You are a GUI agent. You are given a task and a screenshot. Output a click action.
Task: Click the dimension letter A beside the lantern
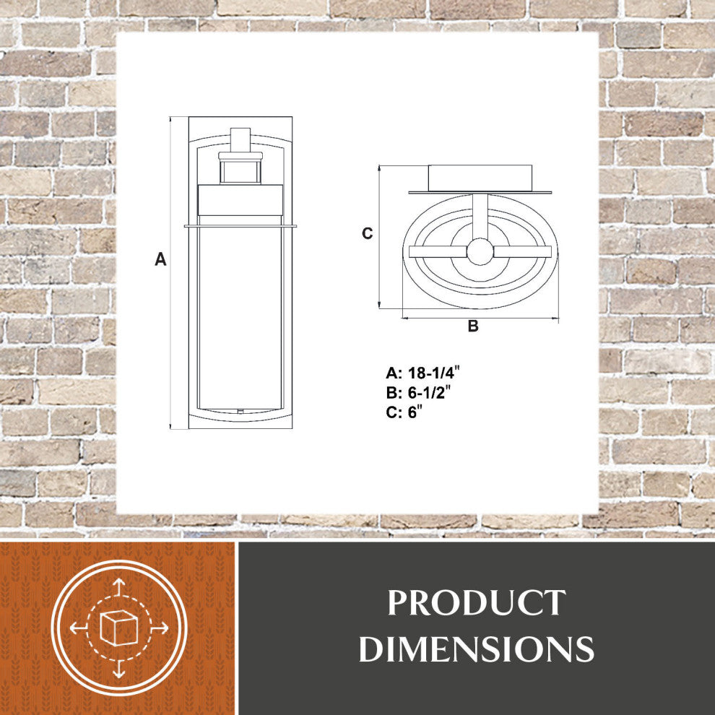[x=160, y=259]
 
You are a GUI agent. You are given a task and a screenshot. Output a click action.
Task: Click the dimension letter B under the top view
[x=473, y=326]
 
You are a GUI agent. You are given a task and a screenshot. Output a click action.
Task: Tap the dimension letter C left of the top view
[x=368, y=233]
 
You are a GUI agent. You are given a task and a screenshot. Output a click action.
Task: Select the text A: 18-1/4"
[x=423, y=373]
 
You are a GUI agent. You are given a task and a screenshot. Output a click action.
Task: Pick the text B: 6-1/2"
[x=422, y=394]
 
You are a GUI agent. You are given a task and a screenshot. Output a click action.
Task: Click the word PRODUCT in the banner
[x=477, y=604]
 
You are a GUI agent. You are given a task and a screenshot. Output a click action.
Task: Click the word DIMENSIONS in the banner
[x=477, y=649]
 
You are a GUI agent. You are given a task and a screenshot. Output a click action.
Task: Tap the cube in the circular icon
[x=119, y=628]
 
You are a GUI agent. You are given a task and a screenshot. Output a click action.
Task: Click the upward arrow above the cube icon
[x=119, y=586]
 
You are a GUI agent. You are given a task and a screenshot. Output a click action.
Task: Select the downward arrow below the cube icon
[x=119, y=670]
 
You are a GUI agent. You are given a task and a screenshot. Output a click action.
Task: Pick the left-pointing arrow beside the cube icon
[x=77, y=628]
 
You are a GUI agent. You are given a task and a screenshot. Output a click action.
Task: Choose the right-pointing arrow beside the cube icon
[x=160, y=628]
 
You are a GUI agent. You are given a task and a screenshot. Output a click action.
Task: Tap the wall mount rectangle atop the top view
[x=480, y=178]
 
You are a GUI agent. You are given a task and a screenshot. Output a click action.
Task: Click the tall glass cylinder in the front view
[x=240, y=318]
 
